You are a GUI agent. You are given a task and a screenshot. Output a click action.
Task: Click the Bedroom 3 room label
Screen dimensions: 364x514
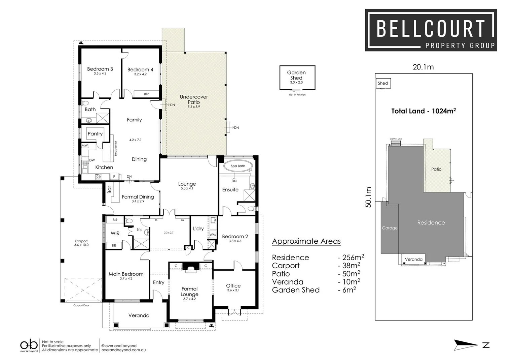point(100,69)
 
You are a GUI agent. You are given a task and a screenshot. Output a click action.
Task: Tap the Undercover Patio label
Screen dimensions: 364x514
point(194,99)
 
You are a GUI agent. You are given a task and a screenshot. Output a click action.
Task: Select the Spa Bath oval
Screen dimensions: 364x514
point(238,166)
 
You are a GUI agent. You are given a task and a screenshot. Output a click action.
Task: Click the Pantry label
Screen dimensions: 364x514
point(95,134)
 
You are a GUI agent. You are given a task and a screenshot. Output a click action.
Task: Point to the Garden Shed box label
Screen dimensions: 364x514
point(296,75)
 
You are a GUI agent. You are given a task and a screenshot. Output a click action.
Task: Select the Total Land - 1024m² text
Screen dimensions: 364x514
point(423,111)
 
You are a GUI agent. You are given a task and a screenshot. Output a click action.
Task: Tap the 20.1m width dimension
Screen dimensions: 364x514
point(423,67)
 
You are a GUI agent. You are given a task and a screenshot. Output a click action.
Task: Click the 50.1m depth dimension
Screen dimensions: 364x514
point(369,197)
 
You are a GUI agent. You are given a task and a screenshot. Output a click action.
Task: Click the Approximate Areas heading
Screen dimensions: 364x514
point(306,241)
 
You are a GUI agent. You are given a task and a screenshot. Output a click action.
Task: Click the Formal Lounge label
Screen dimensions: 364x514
point(189,292)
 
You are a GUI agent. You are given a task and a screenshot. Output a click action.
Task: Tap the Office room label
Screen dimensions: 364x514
point(233,286)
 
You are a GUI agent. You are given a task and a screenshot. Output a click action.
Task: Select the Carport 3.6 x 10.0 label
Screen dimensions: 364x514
point(81,243)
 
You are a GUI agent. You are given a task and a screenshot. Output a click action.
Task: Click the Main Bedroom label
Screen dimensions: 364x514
point(126,274)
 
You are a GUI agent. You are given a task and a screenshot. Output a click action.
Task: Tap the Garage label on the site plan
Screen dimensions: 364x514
point(390,228)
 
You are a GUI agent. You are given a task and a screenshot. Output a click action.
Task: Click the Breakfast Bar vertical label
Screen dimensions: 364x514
point(115,148)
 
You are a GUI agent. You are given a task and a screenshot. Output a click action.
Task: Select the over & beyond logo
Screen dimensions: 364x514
point(29,346)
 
